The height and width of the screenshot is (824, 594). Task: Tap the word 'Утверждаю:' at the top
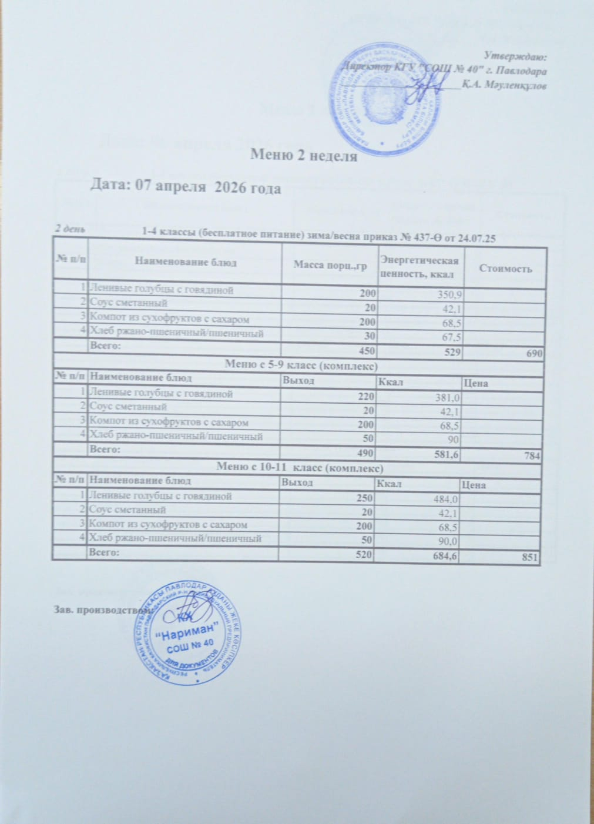pyautogui.click(x=515, y=56)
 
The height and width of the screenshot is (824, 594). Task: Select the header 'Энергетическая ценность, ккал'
pyautogui.click(x=419, y=264)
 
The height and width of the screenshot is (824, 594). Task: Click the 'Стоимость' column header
pyautogui.click(x=505, y=269)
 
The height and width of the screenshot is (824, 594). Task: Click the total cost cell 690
pyautogui.click(x=533, y=353)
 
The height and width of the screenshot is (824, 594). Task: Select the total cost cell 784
pyautogui.click(x=532, y=455)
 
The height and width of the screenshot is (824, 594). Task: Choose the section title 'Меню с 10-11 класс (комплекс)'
pyautogui.click(x=300, y=468)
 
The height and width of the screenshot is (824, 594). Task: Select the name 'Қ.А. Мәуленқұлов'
pyautogui.click(x=504, y=86)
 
